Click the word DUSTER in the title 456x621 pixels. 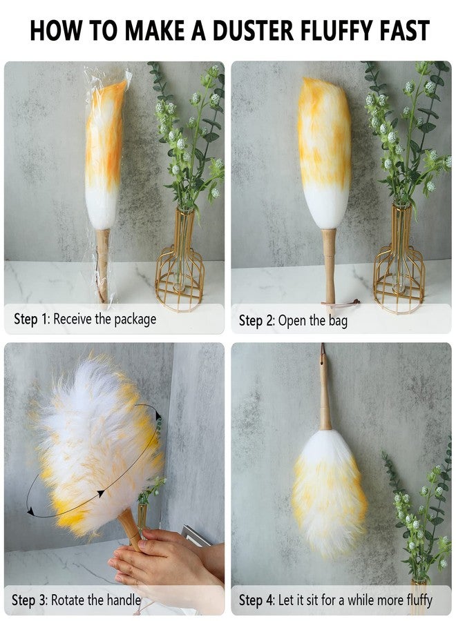253,30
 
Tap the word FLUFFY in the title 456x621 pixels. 339,30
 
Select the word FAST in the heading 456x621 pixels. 406,30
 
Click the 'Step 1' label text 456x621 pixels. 31,319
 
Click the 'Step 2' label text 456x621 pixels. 256,320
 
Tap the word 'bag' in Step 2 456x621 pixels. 339,321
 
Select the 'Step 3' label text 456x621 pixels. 29,600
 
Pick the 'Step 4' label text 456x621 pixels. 256,600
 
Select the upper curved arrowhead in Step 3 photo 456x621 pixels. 159,415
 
